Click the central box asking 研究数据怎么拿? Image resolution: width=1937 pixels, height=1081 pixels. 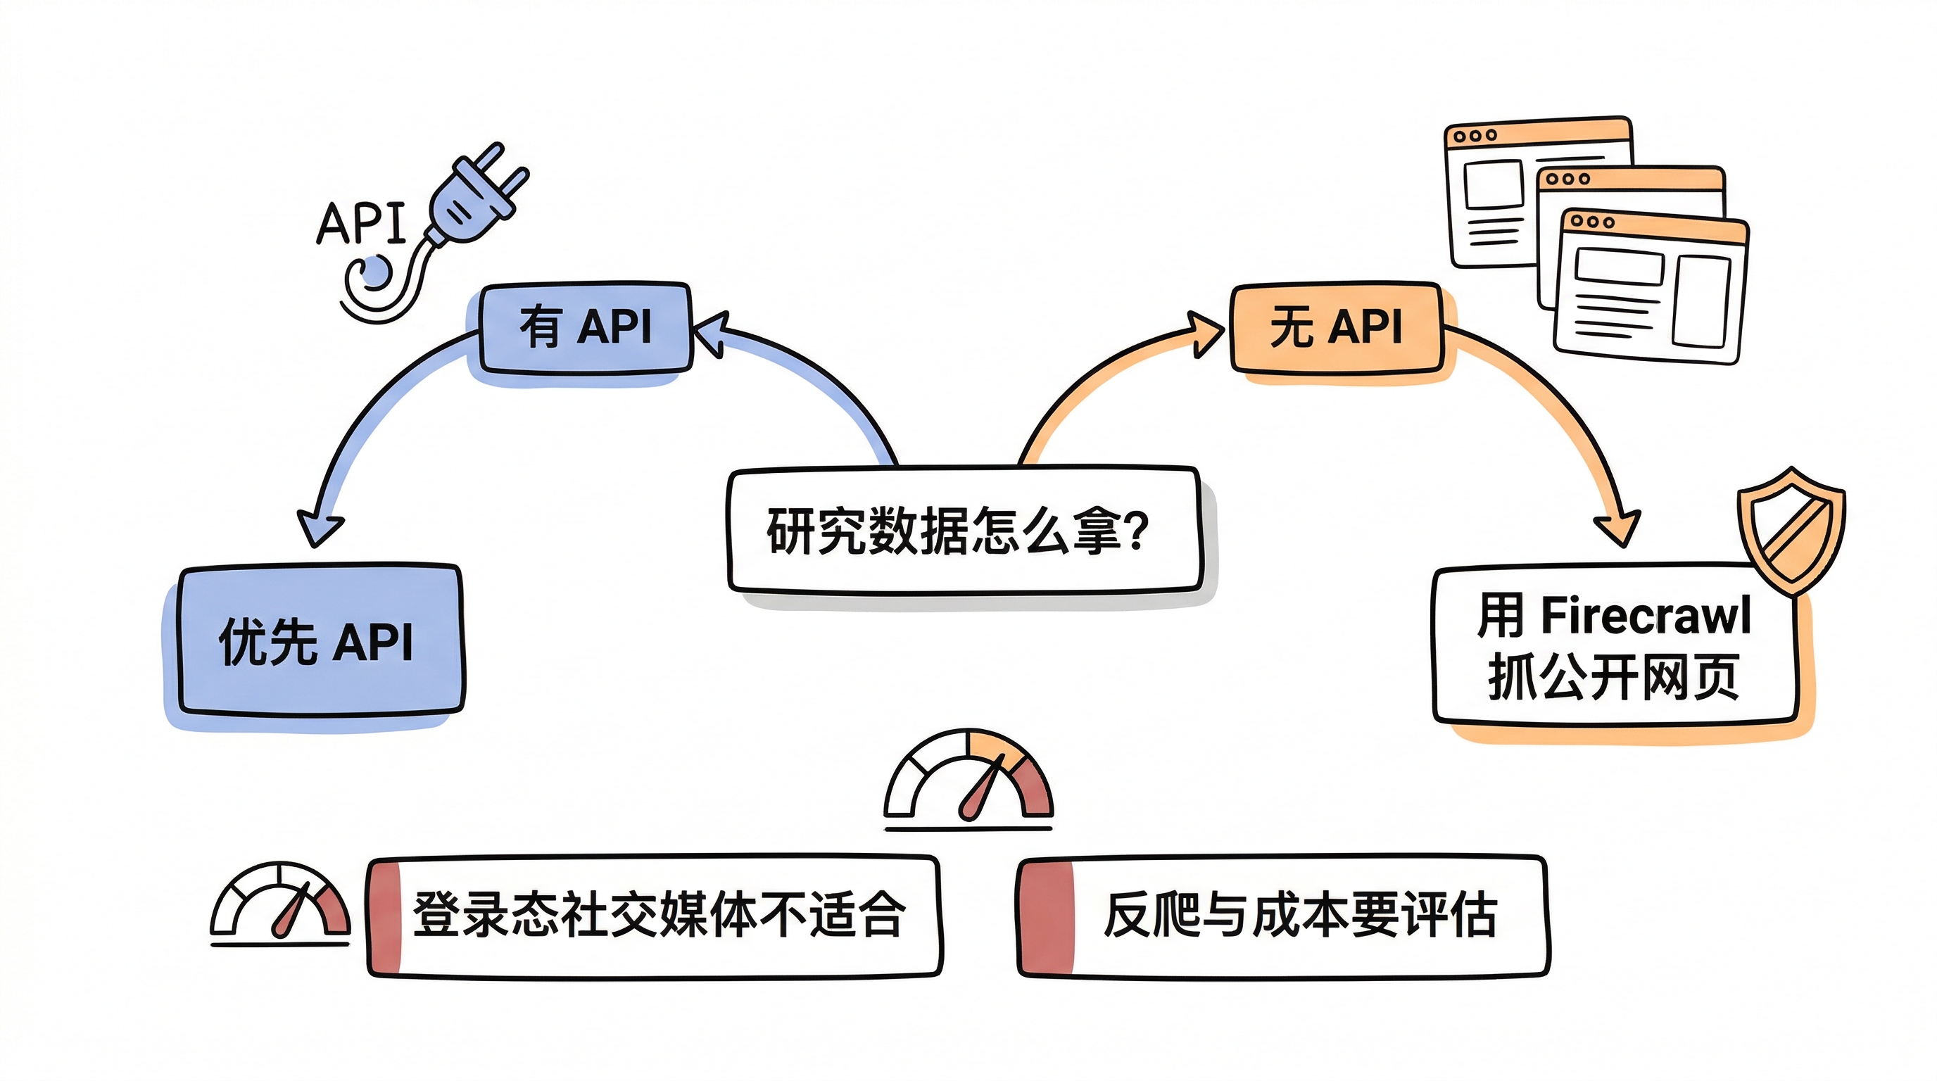tap(964, 531)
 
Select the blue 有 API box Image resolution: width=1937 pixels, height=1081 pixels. tap(585, 328)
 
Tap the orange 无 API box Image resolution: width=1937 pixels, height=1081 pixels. tap(1335, 328)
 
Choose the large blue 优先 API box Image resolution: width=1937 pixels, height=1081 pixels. tap(319, 640)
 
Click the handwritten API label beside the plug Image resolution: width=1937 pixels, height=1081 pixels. tap(361, 223)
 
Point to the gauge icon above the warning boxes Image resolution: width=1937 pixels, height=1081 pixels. tap(968, 779)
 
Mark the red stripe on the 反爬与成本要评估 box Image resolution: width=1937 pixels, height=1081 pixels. tap(1047, 917)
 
